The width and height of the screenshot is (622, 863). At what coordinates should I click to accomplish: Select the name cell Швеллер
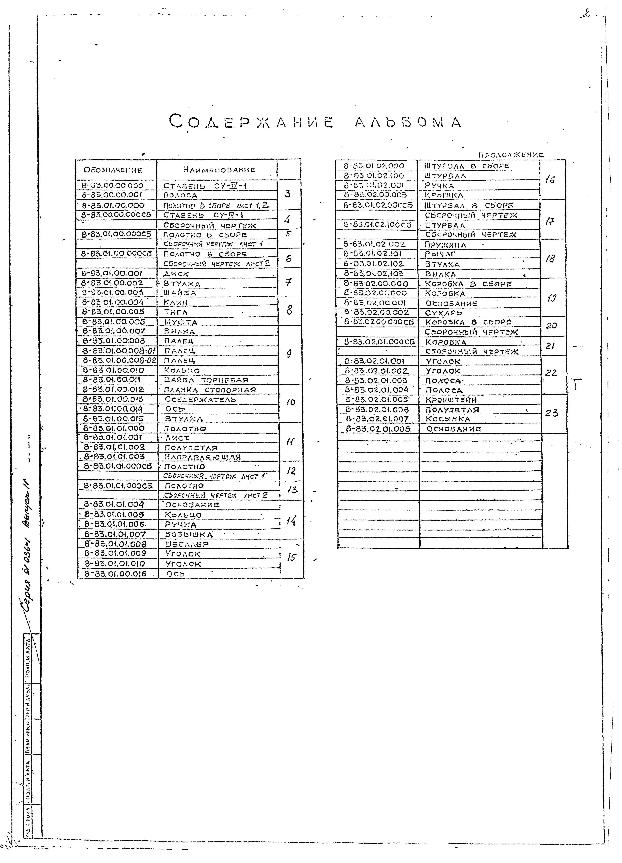point(187,544)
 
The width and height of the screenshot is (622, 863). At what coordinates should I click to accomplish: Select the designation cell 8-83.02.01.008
point(378,429)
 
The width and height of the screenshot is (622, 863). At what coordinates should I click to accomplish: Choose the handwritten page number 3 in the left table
point(287,194)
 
